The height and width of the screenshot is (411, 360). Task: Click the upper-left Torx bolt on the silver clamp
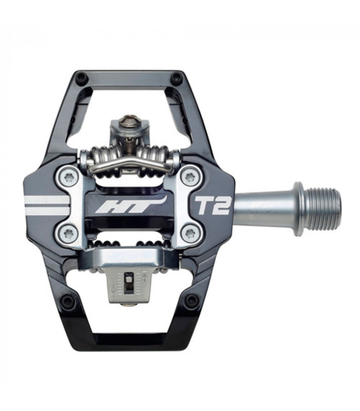[68, 178]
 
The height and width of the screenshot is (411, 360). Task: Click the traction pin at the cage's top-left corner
[81, 78]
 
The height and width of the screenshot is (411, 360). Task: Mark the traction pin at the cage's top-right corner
[176, 78]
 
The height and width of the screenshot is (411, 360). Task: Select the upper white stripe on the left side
[46, 199]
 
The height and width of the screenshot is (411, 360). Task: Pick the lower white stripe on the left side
[46, 210]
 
